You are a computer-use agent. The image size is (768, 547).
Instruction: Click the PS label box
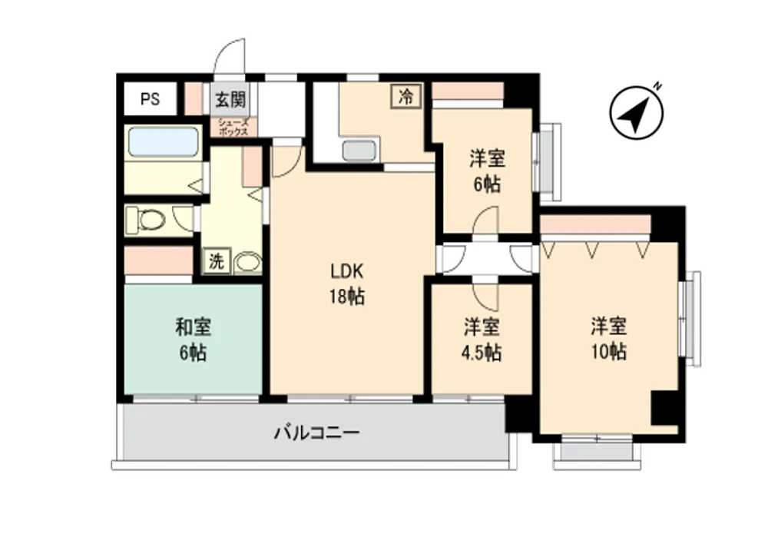click(x=150, y=99)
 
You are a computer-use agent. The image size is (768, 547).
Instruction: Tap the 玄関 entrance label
click(x=230, y=100)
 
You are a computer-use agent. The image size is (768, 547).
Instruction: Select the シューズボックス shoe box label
click(x=233, y=128)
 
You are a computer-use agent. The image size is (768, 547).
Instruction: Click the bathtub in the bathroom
click(x=164, y=141)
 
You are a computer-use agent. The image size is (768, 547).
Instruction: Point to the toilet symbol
click(x=145, y=220)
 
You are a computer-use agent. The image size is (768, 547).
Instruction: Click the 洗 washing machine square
click(x=217, y=260)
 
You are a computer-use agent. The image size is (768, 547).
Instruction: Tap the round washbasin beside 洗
click(x=247, y=263)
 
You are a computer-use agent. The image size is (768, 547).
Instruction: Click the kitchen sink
click(x=360, y=150)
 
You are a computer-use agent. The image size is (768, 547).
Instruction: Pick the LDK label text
click(x=346, y=270)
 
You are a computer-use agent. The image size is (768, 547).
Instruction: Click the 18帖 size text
click(x=346, y=297)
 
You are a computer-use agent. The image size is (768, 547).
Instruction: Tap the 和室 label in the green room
click(x=193, y=327)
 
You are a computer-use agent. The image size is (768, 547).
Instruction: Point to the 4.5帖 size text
click(x=482, y=353)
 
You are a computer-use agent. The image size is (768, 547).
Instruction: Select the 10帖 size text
click(x=608, y=351)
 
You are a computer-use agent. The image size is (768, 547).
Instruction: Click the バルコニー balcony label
click(x=317, y=433)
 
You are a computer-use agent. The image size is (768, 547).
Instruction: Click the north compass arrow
click(x=636, y=114)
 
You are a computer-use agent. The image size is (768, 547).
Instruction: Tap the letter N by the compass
click(x=657, y=88)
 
